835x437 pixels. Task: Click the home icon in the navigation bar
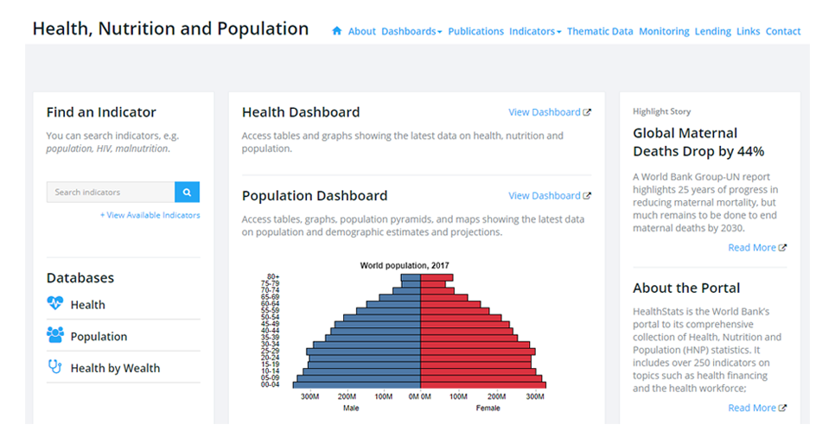(x=337, y=31)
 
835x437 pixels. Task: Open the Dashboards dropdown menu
(x=411, y=31)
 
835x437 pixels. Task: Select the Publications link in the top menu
(x=475, y=31)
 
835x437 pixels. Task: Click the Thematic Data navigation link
(x=600, y=31)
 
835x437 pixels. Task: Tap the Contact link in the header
(x=782, y=31)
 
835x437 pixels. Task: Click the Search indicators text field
(x=111, y=192)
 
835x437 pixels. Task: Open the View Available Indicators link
(x=150, y=215)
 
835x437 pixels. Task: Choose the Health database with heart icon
(x=87, y=305)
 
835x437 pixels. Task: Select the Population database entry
(x=99, y=337)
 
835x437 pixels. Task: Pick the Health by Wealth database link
(x=115, y=368)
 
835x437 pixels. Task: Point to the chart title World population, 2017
(x=405, y=265)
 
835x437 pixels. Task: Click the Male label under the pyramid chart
(x=351, y=408)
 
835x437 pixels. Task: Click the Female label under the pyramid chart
(x=488, y=408)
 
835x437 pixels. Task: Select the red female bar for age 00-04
(x=482, y=384)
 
